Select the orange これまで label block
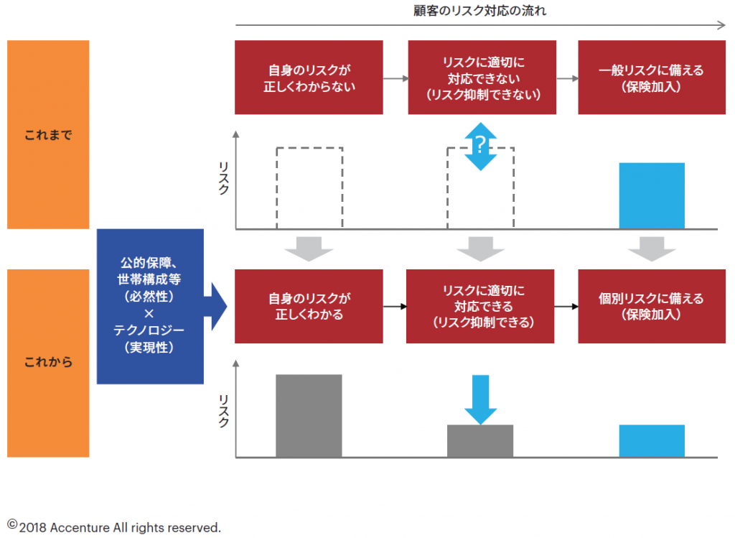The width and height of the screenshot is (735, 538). [x=48, y=134]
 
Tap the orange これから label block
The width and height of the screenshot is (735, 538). [x=48, y=363]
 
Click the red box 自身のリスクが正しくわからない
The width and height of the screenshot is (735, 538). [x=309, y=78]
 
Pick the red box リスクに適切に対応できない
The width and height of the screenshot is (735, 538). [x=482, y=78]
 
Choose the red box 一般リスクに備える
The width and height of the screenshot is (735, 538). [x=651, y=78]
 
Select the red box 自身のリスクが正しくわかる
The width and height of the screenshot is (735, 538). [x=309, y=307]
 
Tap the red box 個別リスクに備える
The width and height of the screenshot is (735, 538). [x=651, y=307]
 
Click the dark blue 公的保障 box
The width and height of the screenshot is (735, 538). [x=150, y=306]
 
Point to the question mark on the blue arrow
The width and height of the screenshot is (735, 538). [x=481, y=147]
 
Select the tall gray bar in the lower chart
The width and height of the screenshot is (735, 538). [x=309, y=415]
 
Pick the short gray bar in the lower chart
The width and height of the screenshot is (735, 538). [x=480, y=440]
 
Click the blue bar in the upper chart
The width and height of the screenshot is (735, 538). [x=652, y=195]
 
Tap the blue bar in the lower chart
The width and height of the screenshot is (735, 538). [x=652, y=440]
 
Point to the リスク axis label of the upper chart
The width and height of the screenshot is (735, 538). [x=223, y=179]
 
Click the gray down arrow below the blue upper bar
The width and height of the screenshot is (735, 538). [x=652, y=249]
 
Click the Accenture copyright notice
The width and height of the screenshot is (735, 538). [x=115, y=527]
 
